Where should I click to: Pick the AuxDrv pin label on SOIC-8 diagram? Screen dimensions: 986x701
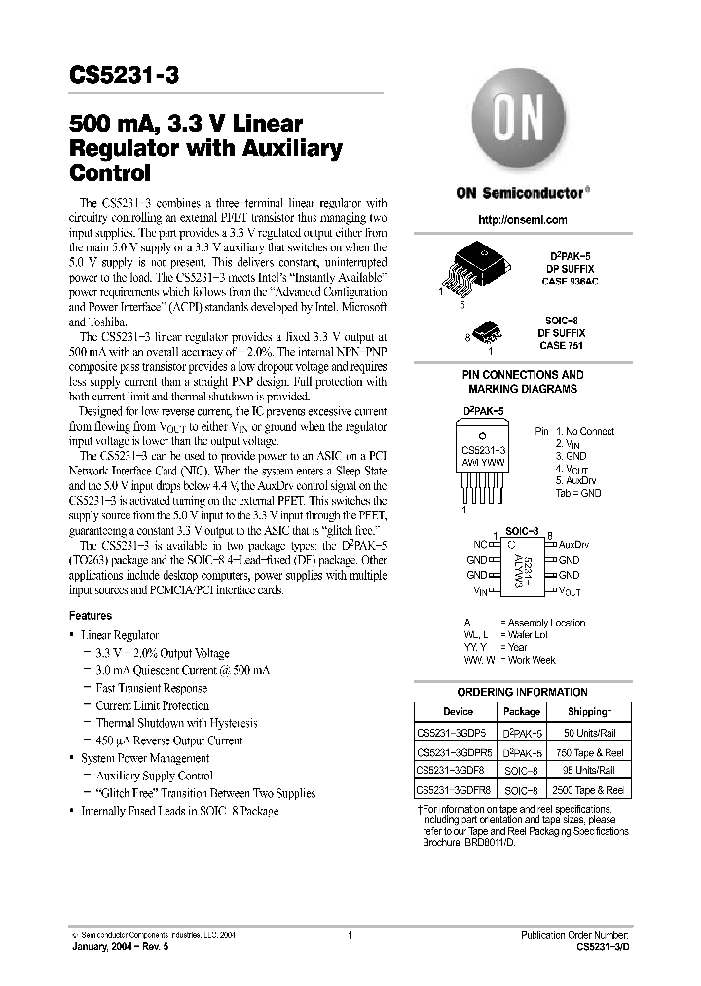[x=573, y=545]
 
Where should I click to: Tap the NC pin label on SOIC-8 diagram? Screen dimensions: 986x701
[x=480, y=545]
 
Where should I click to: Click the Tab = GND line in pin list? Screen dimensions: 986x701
[x=577, y=493]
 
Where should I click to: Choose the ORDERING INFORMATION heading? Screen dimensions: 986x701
[x=523, y=692]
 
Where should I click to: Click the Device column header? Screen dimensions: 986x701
[x=458, y=712]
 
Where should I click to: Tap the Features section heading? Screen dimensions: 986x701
[x=90, y=616]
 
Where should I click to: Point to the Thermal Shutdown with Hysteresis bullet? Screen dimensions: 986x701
[x=176, y=723]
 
